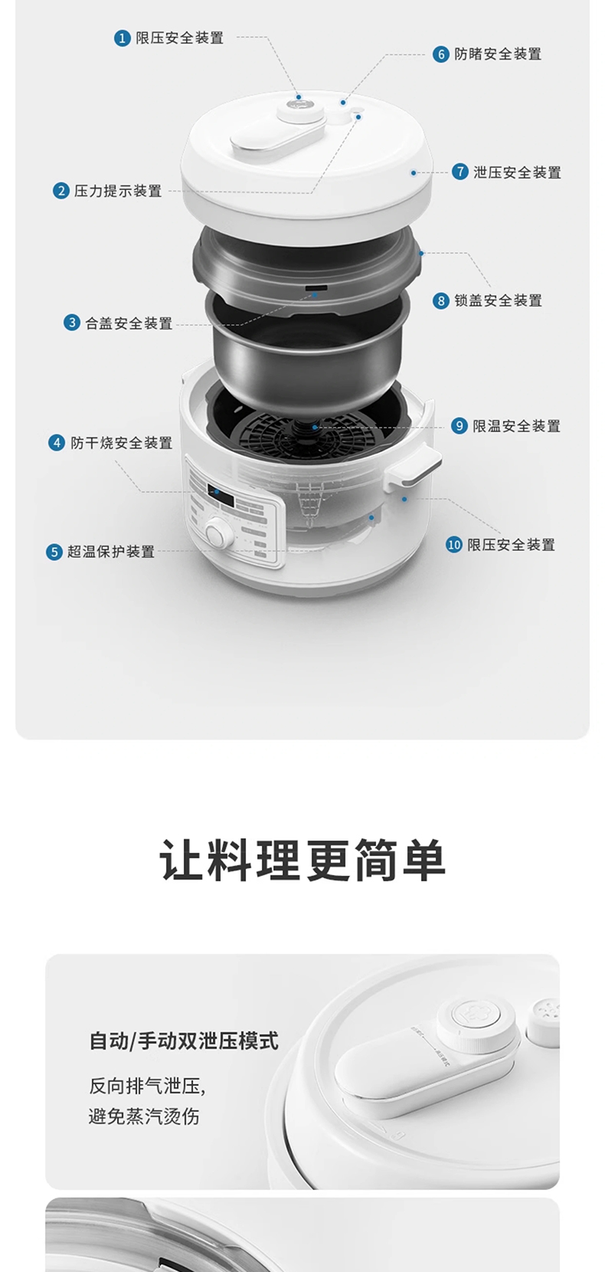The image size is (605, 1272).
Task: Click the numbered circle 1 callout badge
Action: [122, 38]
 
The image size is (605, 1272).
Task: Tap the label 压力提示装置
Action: [118, 191]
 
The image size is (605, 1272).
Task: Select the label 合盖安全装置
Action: [129, 323]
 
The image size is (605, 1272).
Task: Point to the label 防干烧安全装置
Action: [122, 443]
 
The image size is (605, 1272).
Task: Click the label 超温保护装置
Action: [111, 552]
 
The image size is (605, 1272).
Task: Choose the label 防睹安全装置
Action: [498, 54]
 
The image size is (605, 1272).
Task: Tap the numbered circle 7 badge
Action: [459, 172]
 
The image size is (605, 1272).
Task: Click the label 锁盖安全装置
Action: [499, 300]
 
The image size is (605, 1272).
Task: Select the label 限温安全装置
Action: [516, 426]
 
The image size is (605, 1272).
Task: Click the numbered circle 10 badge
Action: [454, 545]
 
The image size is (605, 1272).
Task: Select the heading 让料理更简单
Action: [302, 861]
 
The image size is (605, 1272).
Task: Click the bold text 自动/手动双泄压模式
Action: [184, 1041]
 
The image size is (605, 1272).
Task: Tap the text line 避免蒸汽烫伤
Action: [144, 1116]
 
